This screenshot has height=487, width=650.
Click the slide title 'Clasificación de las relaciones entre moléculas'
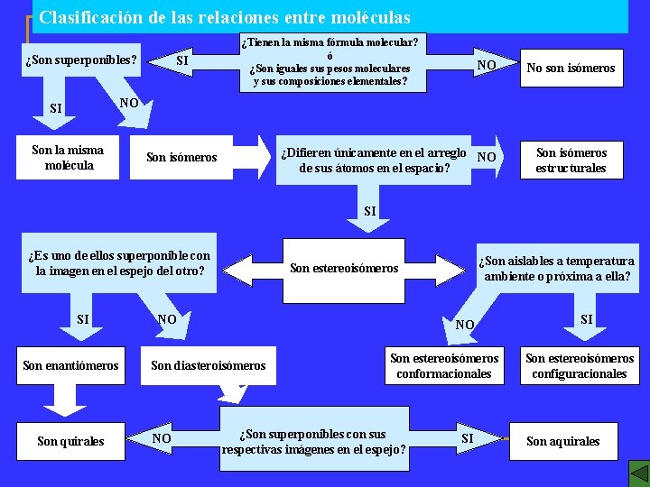tap(225, 17)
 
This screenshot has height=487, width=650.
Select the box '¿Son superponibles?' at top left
tap(81, 60)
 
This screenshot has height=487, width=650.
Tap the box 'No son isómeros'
tap(571, 68)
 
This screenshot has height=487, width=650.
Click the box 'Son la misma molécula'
tap(68, 157)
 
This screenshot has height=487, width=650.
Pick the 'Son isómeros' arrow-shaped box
tap(181, 158)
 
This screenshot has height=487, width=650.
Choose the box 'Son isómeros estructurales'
tap(571, 161)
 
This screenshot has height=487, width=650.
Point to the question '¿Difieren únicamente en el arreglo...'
tap(374, 160)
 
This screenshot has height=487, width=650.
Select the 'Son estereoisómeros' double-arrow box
tap(344, 268)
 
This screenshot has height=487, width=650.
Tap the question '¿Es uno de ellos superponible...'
tap(119, 263)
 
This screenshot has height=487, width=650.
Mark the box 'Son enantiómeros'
tap(70, 365)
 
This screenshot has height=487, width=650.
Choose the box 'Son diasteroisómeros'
tap(209, 365)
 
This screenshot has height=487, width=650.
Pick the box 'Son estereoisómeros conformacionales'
tap(444, 365)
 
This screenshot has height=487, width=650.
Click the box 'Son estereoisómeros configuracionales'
tap(580, 365)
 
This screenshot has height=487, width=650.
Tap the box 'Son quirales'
tap(70, 441)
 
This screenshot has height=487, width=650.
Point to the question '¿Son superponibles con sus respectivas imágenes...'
tap(313, 441)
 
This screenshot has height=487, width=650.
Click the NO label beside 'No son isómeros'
tap(487, 65)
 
